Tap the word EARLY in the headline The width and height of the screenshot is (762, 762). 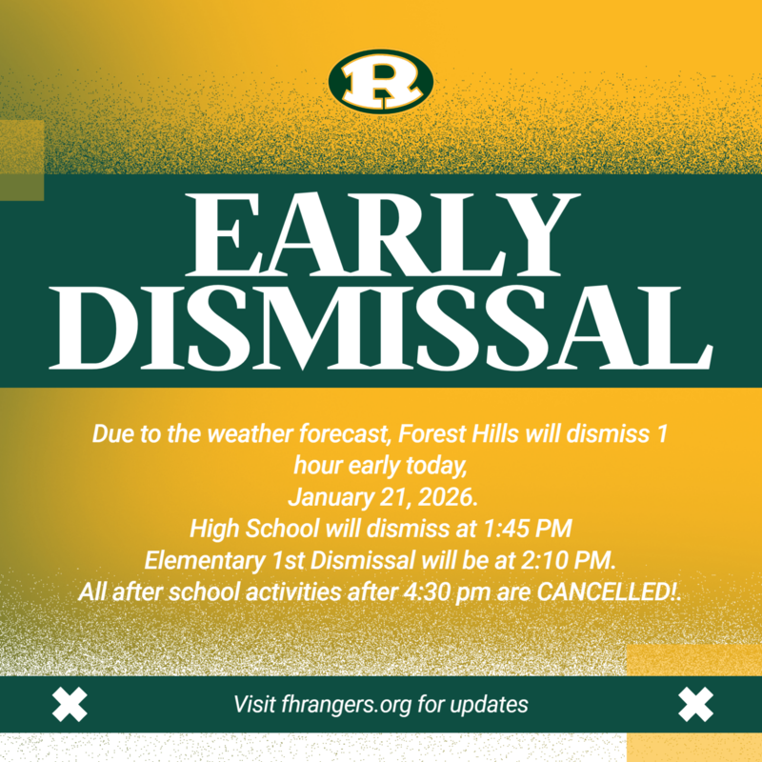[381, 233]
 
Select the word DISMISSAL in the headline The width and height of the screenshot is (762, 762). [381, 326]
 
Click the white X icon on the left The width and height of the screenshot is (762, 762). [69, 705]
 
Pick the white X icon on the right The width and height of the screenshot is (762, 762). [695, 705]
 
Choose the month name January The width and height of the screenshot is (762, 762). [327, 495]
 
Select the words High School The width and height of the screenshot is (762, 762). [244, 527]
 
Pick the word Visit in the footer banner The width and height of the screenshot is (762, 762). [255, 706]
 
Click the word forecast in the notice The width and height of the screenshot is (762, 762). [344, 434]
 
